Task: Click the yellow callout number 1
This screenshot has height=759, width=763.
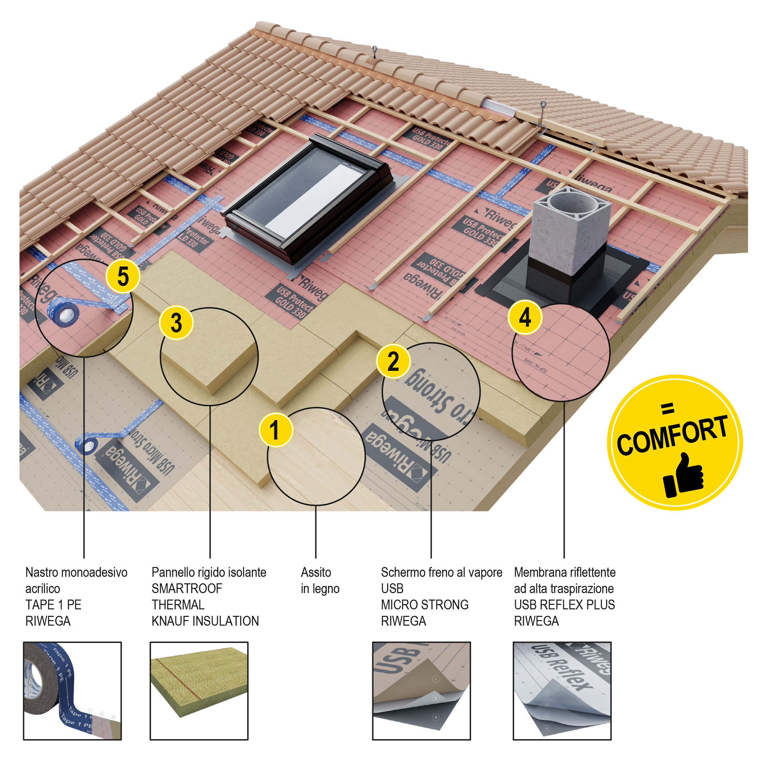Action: click(x=276, y=430)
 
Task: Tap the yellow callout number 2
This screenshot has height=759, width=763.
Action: click(x=393, y=361)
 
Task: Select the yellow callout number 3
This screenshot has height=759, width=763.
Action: click(x=176, y=323)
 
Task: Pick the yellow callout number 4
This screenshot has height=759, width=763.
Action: click(x=525, y=317)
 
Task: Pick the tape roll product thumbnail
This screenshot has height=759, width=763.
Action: click(x=72, y=691)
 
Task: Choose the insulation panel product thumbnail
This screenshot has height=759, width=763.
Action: click(x=199, y=691)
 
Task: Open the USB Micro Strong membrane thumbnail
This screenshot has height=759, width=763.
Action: click(x=421, y=691)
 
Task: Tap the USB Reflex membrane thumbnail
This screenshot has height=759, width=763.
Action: click(x=562, y=691)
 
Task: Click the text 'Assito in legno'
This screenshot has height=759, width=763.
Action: click(x=320, y=580)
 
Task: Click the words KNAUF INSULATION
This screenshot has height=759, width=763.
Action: click(x=205, y=621)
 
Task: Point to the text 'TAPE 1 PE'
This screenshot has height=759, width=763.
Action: click(x=53, y=604)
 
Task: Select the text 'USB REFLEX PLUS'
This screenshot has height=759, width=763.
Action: click(x=564, y=604)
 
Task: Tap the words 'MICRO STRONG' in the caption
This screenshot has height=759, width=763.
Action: click(x=425, y=604)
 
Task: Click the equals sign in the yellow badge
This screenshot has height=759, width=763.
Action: click(x=667, y=409)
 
